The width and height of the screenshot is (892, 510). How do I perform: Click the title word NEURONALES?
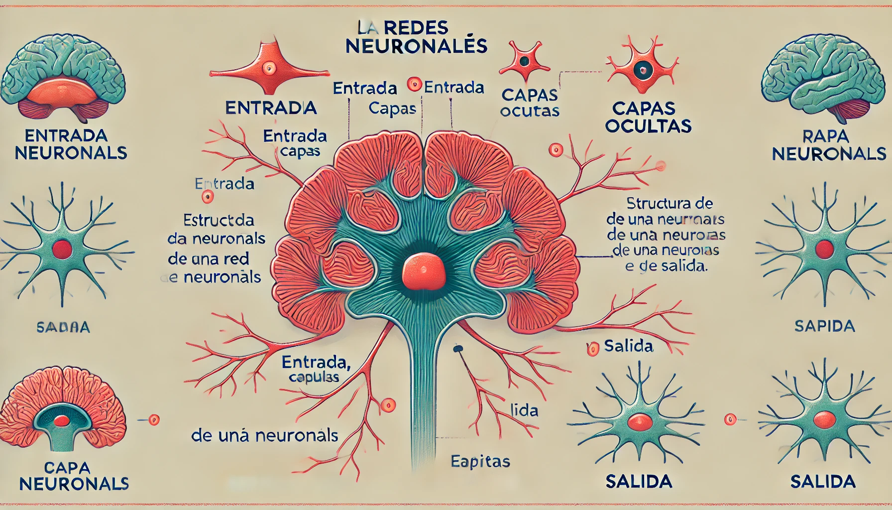click(416, 46)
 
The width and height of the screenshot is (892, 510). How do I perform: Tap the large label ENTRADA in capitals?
click(271, 108)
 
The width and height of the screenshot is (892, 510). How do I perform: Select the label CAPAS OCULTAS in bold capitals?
click(648, 117)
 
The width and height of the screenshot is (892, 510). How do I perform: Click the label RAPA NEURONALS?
click(828, 145)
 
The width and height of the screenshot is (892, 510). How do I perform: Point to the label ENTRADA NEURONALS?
click(71, 144)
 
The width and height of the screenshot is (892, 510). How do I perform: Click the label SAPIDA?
click(825, 326)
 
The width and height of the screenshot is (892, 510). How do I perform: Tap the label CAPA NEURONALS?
click(74, 476)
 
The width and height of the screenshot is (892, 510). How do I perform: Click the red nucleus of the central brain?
click(424, 271)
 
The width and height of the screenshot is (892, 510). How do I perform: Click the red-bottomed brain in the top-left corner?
click(63, 77)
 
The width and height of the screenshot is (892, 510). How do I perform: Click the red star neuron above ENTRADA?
click(269, 67)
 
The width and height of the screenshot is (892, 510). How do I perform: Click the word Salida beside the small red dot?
click(628, 346)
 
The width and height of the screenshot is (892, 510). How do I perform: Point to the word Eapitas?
click(480, 462)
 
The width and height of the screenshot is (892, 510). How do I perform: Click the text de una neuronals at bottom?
click(265, 436)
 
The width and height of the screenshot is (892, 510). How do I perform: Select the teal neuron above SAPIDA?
click(824, 249)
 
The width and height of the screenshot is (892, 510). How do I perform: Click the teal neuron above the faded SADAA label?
click(62, 249)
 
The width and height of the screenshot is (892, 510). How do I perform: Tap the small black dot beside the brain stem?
click(457, 349)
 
